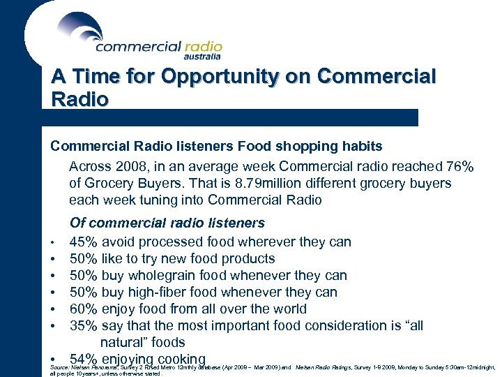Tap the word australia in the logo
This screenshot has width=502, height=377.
[203, 56]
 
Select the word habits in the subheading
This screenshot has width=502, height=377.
[360, 147]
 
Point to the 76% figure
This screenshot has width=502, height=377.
[459, 167]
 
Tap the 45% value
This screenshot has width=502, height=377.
[83, 242]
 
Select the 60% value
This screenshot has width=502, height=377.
[83, 309]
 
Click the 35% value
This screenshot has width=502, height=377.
[83, 326]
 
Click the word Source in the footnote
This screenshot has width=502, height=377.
[60, 366]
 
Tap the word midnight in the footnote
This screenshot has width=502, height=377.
[480, 366]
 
